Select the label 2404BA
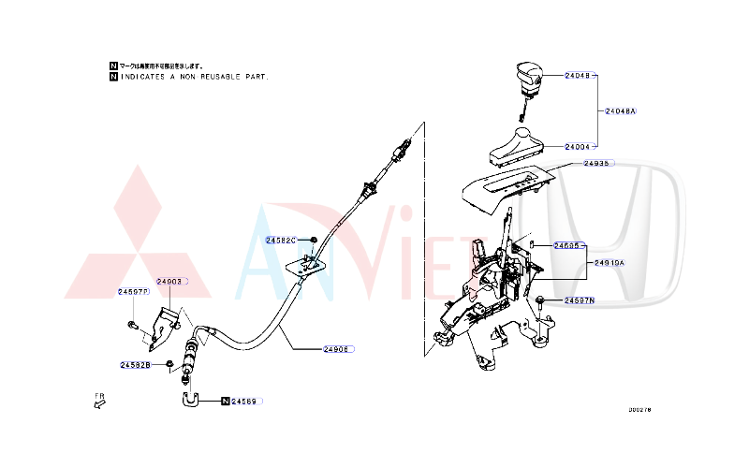[x=620, y=110]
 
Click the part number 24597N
[x=580, y=300]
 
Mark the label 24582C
[x=281, y=241]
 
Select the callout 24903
[x=169, y=281]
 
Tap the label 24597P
[x=133, y=292]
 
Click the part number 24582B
[x=135, y=364]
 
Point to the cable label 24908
[x=336, y=349]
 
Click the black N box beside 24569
[x=225, y=401]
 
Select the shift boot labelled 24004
[x=516, y=144]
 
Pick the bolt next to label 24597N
[x=541, y=301]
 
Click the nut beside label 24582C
[x=312, y=241]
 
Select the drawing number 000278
[x=639, y=409]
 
